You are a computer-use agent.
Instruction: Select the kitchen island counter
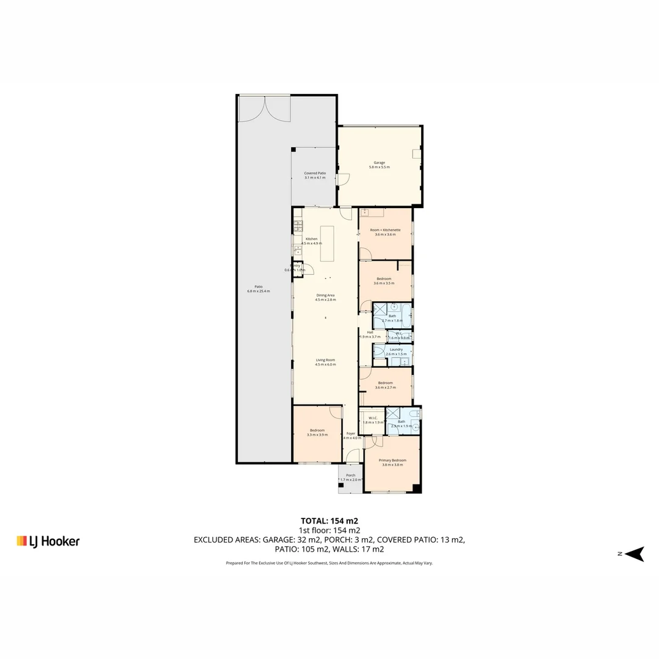tap(328, 243)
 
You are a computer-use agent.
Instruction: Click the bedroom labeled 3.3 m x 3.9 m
tap(317, 432)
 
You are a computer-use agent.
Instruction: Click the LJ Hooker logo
tap(48, 541)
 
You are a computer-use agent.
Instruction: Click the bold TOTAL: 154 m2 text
tap(329, 520)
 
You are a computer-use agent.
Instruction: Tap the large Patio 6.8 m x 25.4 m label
tap(258, 289)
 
